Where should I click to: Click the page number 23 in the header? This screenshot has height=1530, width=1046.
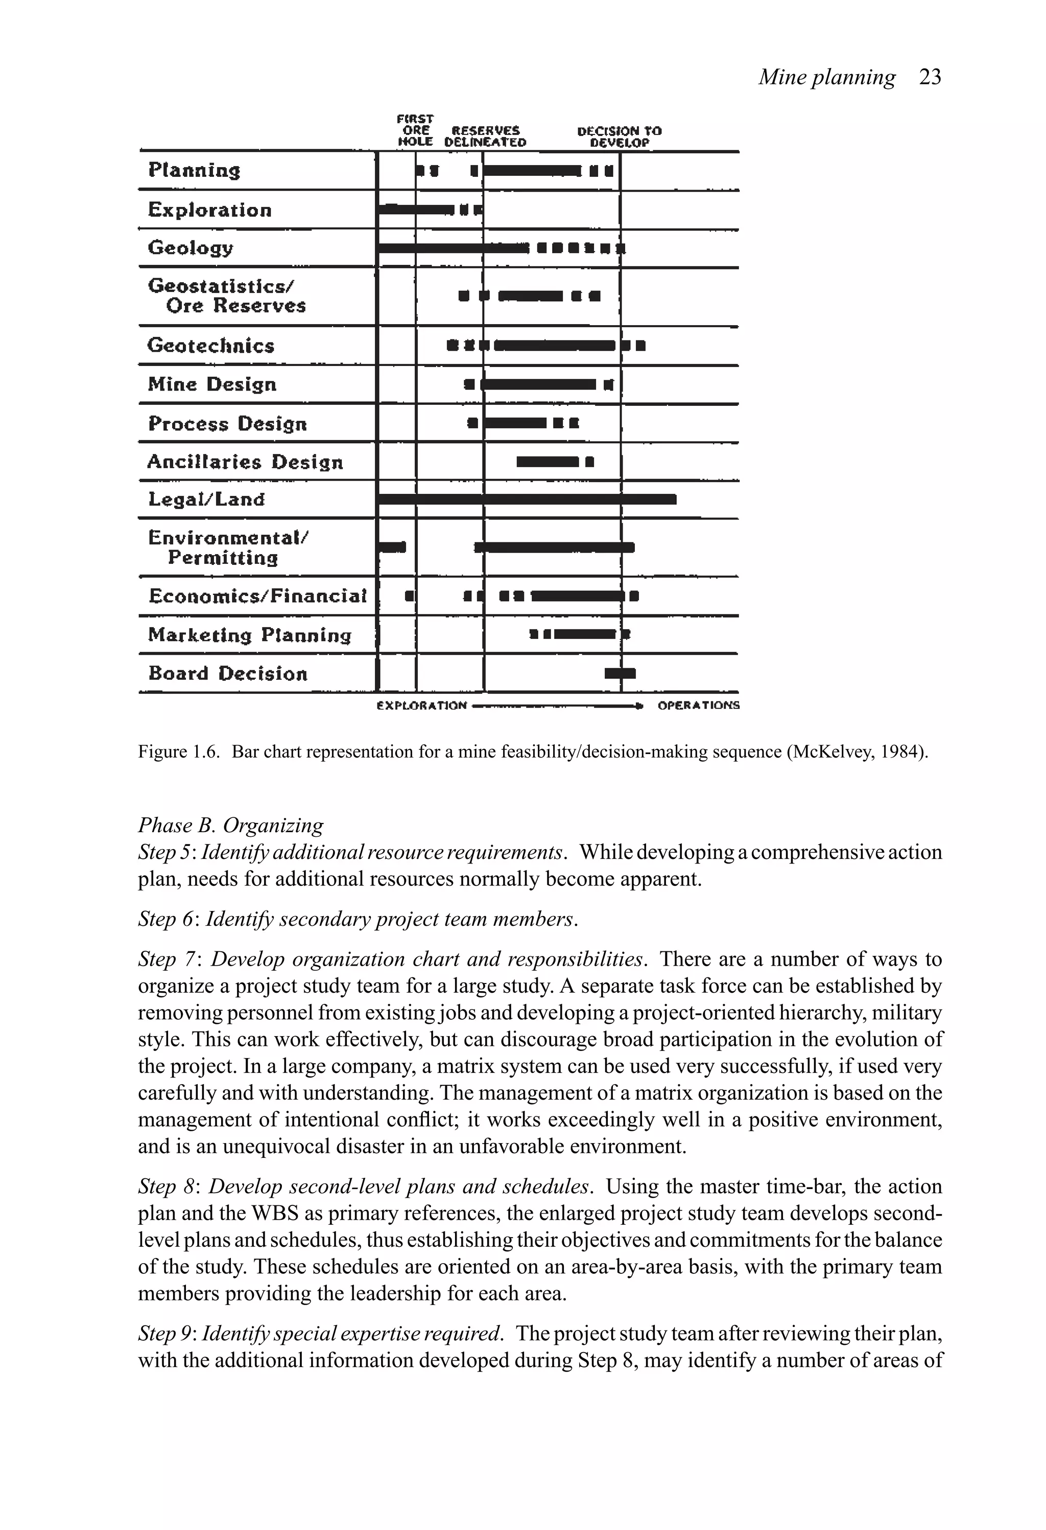coord(930,78)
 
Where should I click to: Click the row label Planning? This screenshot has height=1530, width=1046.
coord(194,171)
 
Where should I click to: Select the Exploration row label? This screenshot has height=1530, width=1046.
coord(209,210)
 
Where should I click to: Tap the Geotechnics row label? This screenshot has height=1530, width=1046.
coord(210,346)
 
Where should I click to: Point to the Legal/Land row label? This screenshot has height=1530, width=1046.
coord(206,499)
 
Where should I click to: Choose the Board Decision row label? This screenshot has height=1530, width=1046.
coord(228,673)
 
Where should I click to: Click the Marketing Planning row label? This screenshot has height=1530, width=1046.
coord(249,635)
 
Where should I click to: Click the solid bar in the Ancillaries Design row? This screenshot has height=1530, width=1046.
coord(546,462)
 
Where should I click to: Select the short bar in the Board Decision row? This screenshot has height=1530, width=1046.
coord(620,673)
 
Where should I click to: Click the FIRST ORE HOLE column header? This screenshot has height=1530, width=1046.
coord(415,130)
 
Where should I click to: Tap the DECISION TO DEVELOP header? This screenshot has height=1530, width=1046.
coord(619,136)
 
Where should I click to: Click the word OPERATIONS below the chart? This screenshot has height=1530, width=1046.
coord(698,705)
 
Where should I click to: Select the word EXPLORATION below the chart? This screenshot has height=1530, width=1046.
coord(422,705)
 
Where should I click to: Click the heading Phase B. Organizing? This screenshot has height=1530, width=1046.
coord(230,825)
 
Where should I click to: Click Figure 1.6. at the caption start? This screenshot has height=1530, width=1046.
coord(178,752)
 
